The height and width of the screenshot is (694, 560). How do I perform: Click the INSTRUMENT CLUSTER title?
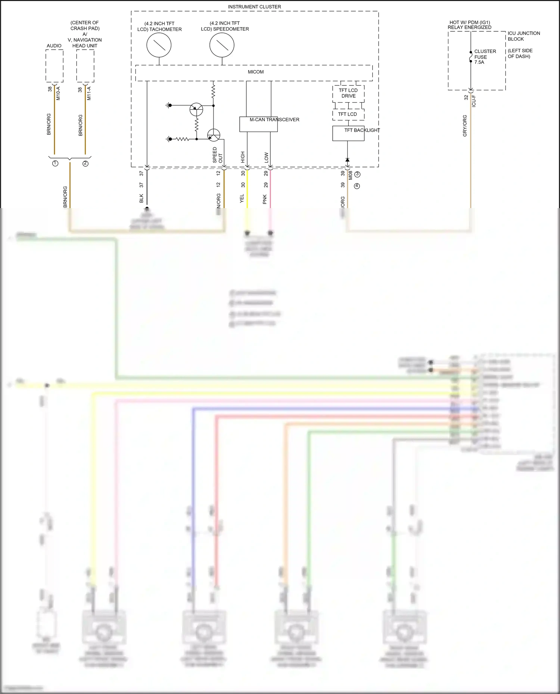(x=254, y=7)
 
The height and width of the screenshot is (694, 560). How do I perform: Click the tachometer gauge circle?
(x=159, y=45)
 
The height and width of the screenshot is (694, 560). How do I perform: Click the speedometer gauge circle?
(x=222, y=45)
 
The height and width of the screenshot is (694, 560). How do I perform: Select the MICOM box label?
(x=255, y=72)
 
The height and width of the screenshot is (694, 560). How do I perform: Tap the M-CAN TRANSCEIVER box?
(x=258, y=124)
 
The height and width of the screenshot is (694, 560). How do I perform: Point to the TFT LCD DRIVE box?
(x=348, y=93)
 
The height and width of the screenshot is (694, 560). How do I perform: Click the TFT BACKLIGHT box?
(x=348, y=133)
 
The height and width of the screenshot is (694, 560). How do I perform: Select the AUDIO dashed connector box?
(x=55, y=66)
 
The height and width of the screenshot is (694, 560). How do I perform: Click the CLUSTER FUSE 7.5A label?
(x=485, y=57)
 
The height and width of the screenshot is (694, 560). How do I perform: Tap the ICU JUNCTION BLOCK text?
(x=523, y=36)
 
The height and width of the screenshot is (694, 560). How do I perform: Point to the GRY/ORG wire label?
(x=465, y=125)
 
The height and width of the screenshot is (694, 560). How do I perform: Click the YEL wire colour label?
(x=242, y=198)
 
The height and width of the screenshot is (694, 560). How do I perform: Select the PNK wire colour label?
(x=265, y=199)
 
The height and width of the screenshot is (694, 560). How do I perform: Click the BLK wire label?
(x=141, y=198)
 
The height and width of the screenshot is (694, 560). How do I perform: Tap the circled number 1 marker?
(x=55, y=163)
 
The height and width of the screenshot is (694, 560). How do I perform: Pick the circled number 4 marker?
(x=357, y=186)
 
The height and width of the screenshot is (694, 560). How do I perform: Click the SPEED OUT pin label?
(x=217, y=155)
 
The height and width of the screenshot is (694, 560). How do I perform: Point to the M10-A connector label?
(x=58, y=93)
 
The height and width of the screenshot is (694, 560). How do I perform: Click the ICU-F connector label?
(x=474, y=101)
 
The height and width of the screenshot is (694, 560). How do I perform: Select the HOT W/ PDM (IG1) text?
(x=469, y=22)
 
